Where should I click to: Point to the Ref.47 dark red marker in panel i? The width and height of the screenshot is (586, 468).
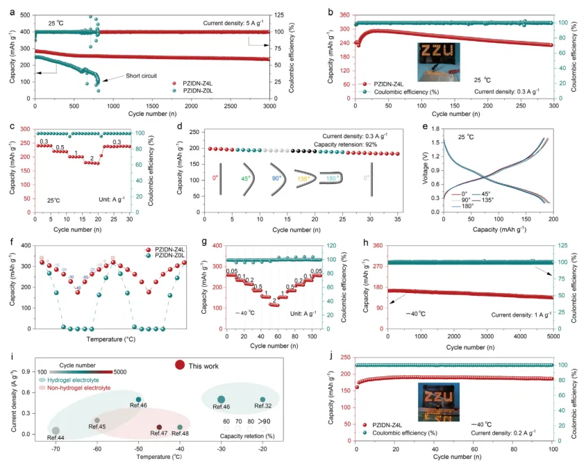pyautogui.click(x=159, y=428)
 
